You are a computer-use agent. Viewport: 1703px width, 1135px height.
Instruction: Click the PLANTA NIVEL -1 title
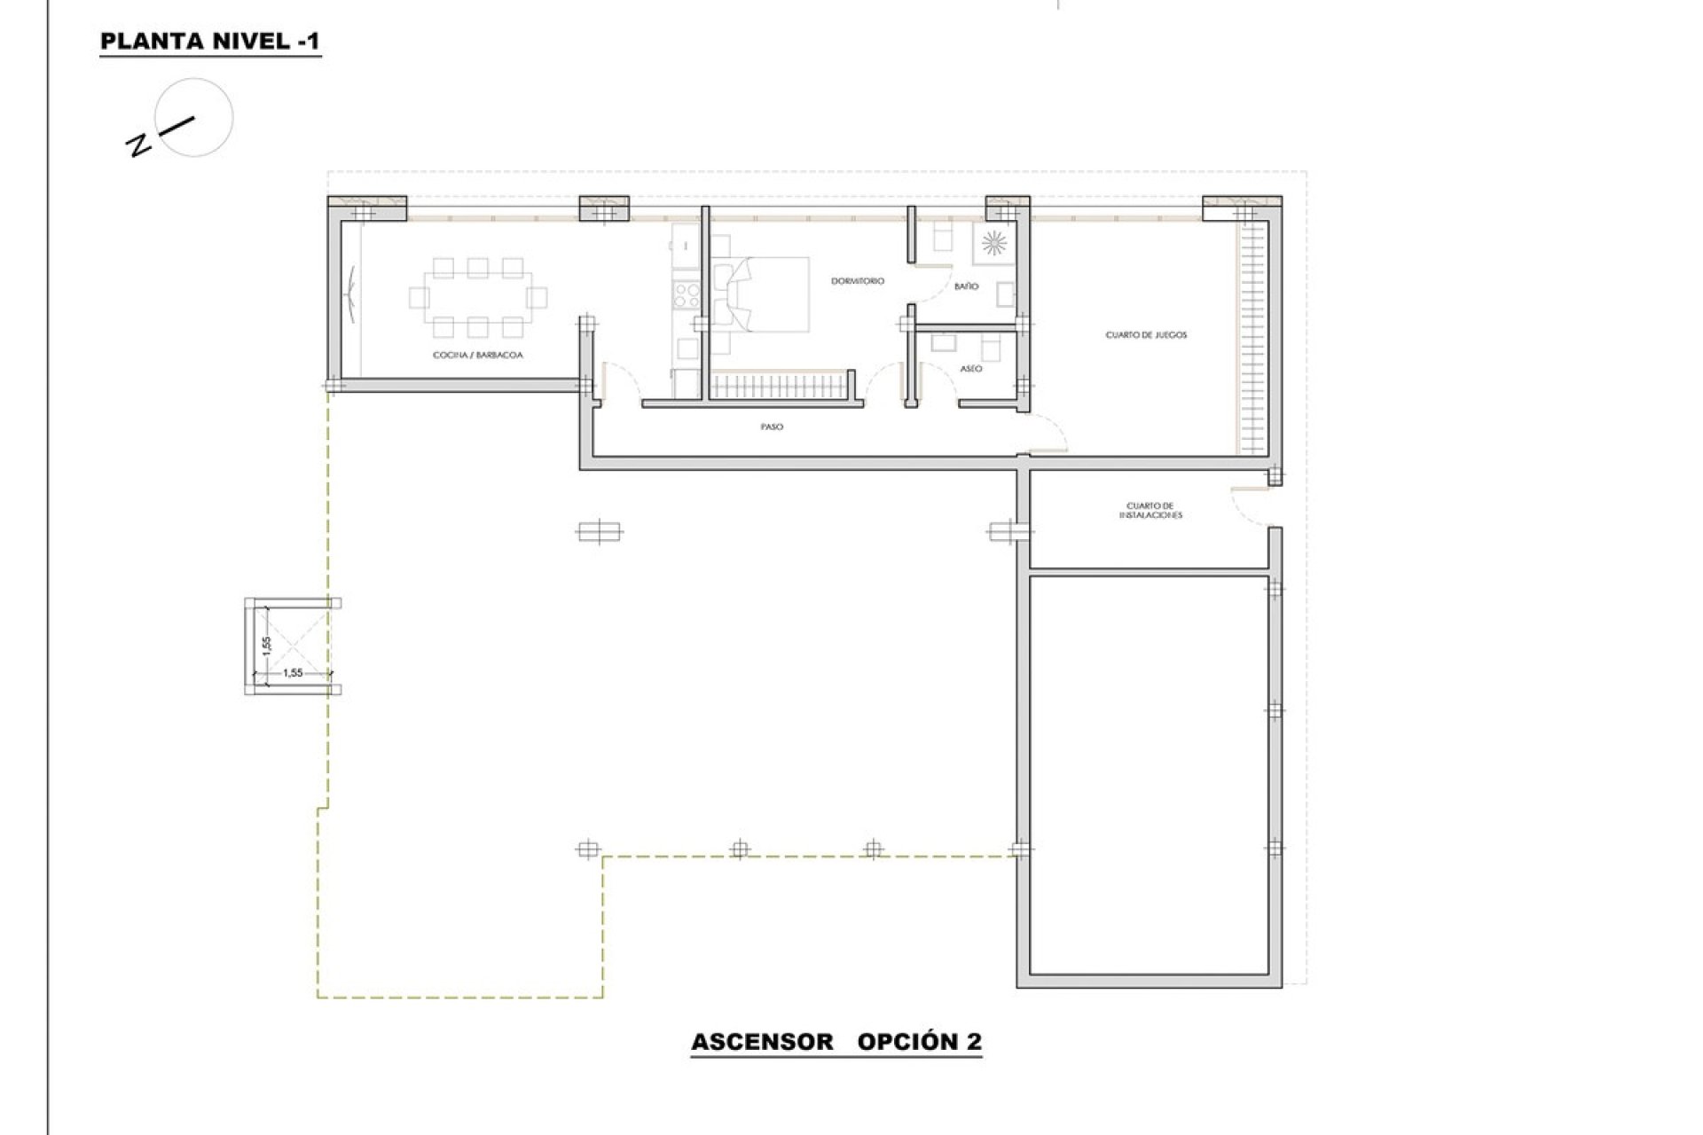(x=210, y=41)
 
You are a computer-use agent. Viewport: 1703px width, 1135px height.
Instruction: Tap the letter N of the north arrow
(x=138, y=145)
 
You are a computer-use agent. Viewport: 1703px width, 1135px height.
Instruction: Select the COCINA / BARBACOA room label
(x=477, y=355)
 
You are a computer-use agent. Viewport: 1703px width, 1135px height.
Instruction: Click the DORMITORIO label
(x=857, y=281)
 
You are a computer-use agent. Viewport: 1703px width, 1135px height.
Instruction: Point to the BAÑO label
(x=966, y=286)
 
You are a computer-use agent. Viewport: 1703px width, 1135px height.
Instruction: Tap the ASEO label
(x=970, y=368)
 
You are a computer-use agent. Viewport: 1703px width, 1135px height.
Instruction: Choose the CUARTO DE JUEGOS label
(x=1146, y=335)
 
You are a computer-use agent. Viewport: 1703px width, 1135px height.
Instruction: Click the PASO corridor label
(x=772, y=427)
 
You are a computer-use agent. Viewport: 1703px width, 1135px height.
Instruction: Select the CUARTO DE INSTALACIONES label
(x=1150, y=511)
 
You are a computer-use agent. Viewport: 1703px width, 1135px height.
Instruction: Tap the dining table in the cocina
(x=477, y=297)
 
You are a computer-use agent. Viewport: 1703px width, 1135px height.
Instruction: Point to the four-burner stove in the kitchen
(x=686, y=294)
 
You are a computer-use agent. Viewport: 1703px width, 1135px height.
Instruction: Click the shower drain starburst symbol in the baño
(x=993, y=240)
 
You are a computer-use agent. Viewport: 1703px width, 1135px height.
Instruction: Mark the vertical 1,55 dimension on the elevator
(x=265, y=645)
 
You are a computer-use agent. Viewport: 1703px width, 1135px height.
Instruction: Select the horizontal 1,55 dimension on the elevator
(x=293, y=673)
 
